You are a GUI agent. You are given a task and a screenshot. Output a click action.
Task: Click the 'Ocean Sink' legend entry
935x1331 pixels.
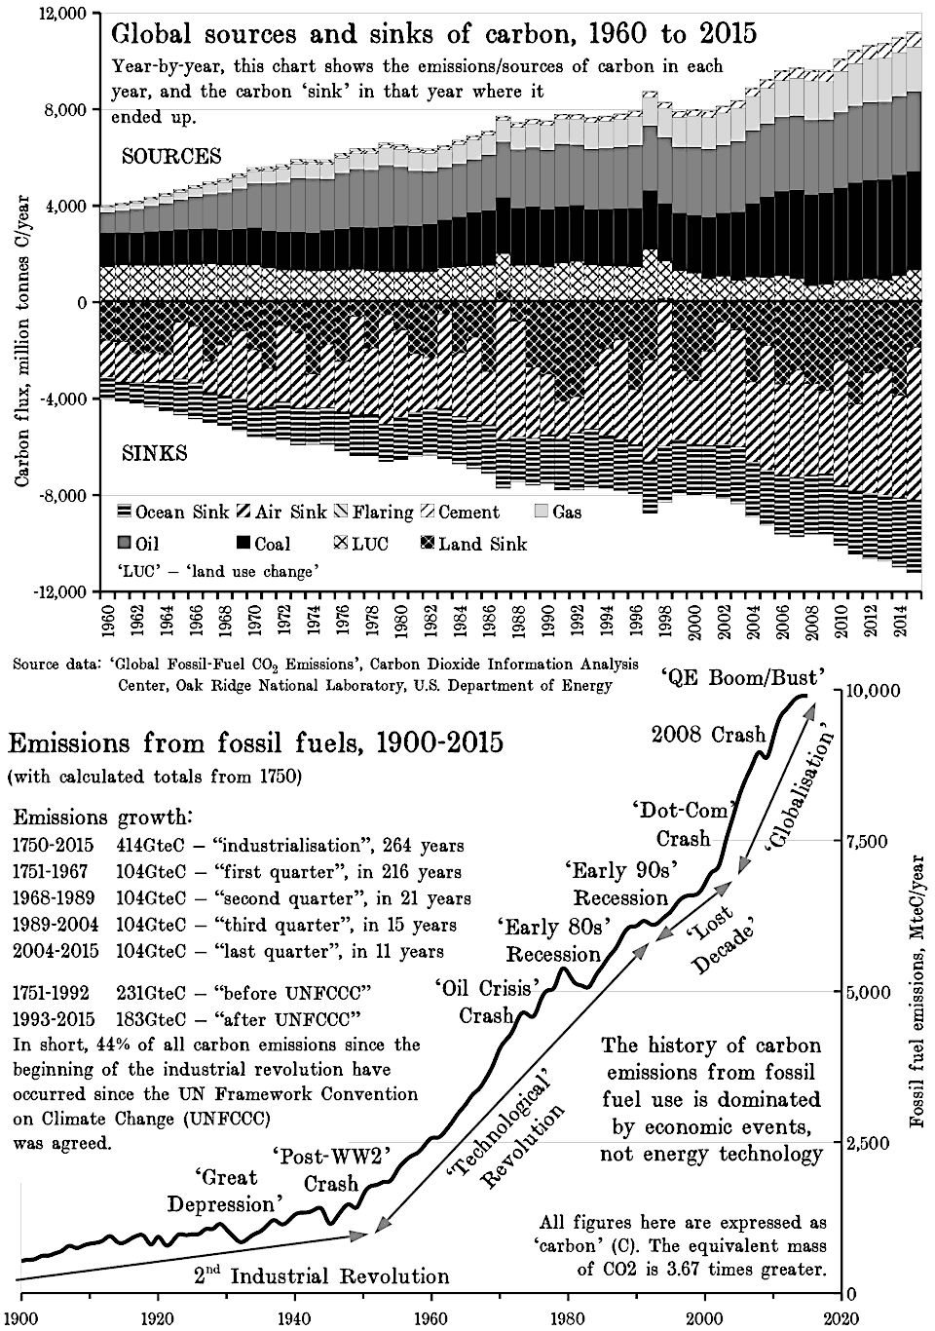[172, 513]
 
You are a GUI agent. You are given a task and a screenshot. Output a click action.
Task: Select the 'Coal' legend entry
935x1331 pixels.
[260, 544]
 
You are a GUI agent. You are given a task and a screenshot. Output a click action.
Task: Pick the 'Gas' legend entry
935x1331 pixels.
[556, 513]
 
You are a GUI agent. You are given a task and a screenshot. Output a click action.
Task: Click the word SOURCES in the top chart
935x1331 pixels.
[171, 157]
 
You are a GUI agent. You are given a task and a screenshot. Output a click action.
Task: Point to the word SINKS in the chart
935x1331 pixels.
[154, 454]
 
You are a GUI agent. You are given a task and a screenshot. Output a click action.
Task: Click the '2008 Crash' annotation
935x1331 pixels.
[707, 734]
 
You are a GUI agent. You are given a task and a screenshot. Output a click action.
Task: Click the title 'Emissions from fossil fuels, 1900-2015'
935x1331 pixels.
[255, 743]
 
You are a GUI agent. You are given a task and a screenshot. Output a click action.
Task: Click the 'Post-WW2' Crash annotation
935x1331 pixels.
[332, 1169]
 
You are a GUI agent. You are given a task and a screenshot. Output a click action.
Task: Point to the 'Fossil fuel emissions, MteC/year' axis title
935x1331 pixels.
[917, 991]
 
